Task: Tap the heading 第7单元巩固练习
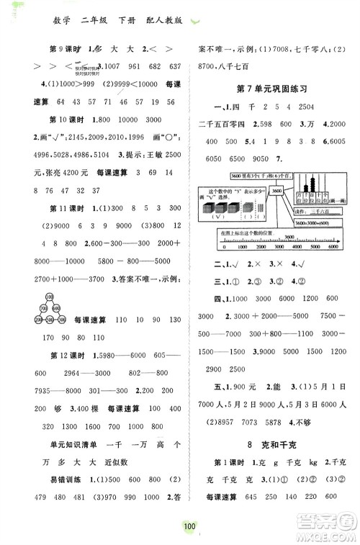(x=271, y=89)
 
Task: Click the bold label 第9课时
(x=63, y=48)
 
